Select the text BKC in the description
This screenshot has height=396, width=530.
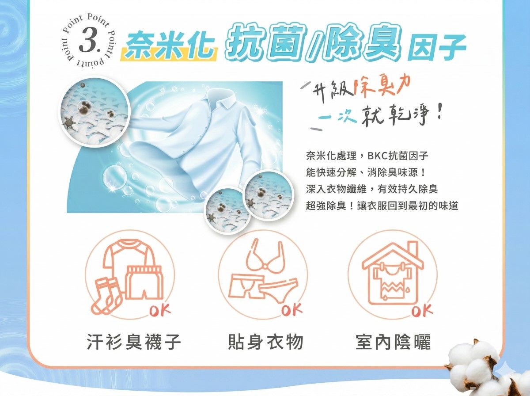tap(377, 156)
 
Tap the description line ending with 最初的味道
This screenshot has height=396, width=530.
tap(382, 206)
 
